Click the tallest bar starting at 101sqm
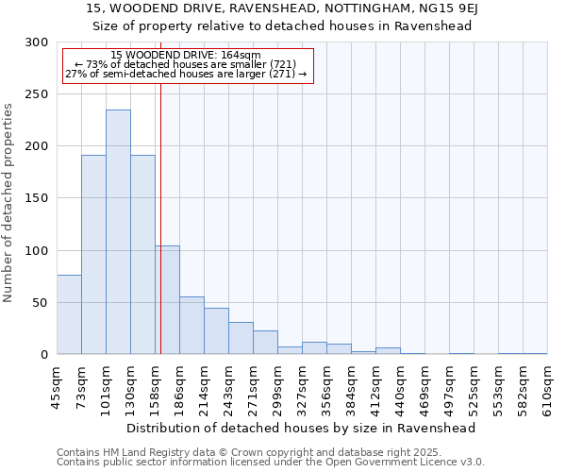[118, 232]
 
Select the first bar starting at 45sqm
[69, 314]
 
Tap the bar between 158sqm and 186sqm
[168, 300]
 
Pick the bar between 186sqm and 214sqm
[191, 326]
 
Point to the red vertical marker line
[161, 217]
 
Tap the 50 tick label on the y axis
[40, 303]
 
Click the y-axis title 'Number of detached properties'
[9, 203]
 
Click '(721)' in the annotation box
[283, 64]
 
